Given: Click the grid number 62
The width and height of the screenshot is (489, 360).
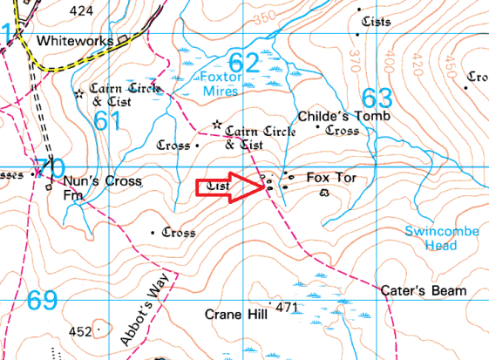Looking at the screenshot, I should click(244, 62).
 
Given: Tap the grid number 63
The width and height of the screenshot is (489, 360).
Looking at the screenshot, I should click(377, 97).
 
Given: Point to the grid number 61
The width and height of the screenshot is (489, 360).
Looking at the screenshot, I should click(106, 121).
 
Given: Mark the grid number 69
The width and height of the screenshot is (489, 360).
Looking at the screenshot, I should click(42, 301).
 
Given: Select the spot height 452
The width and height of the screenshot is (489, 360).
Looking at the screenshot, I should click(80, 331).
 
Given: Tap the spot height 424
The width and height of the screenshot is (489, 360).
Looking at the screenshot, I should click(81, 10).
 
